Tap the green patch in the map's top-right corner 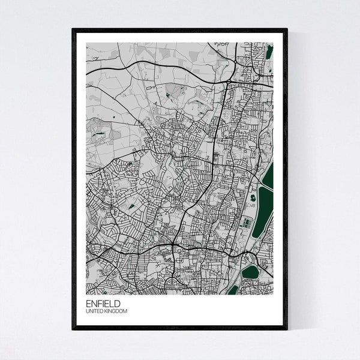[269, 52]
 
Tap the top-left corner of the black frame [73, 29]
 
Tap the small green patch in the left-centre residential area [131, 206]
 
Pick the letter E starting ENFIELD [88, 304]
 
